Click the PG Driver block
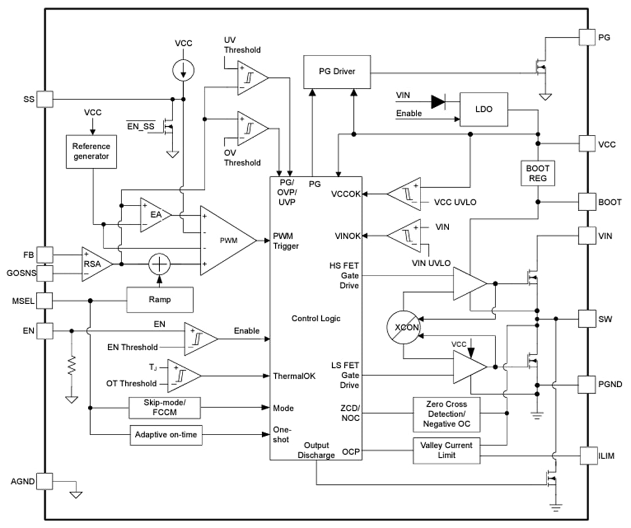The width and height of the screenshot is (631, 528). pyautogui.click(x=336, y=72)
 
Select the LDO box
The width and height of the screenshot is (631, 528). pyautogui.click(x=484, y=109)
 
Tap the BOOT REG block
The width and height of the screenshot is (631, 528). pyautogui.click(x=537, y=173)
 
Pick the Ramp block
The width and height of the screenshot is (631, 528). pyautogui.click(x=159, y=299)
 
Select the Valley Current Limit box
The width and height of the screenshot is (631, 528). pyautogui.click(x=446, y=450)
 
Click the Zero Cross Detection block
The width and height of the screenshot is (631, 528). pyautogui.click(x=446, y=414)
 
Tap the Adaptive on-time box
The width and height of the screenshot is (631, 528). pyautogui.click(x=166, y=435)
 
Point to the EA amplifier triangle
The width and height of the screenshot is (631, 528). pyautogui.click(x=154, y=214)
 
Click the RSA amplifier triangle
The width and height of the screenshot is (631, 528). pyautogui.click(x=95, y=265)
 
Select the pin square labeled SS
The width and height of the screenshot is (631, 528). pyautogui.click(x=45, y=99)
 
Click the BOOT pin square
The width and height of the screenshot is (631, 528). pyautogui.click(x=587, y=202)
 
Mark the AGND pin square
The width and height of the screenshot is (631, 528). pyautogui.click(x=45, y=480)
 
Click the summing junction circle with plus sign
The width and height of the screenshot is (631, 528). pyautogui.click(x=159, y=265)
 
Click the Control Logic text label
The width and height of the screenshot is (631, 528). pyautogui.click(x=315, y=319)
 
